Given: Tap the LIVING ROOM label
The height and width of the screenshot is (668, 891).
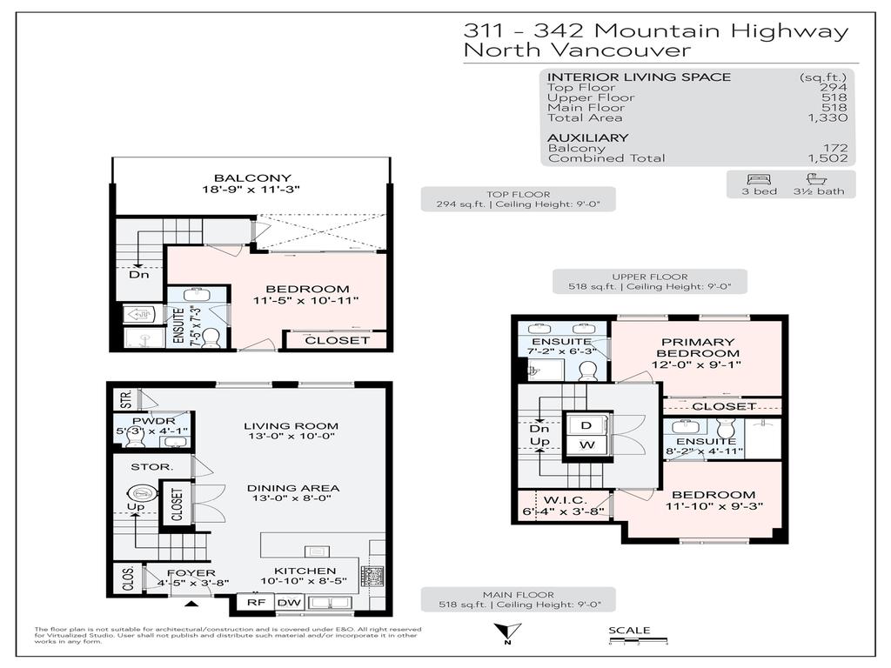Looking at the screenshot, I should [291, 426].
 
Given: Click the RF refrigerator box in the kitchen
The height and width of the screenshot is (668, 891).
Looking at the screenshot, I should [255, 602].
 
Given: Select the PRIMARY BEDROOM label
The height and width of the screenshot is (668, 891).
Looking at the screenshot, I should [697, 348].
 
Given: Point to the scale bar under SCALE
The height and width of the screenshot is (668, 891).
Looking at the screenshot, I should [638, 643].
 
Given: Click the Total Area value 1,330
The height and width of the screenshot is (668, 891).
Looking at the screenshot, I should [827, 117].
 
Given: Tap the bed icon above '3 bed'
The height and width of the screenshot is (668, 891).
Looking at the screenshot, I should [760, 177].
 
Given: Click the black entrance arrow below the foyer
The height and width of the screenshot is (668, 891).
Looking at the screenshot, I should [192, 602].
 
